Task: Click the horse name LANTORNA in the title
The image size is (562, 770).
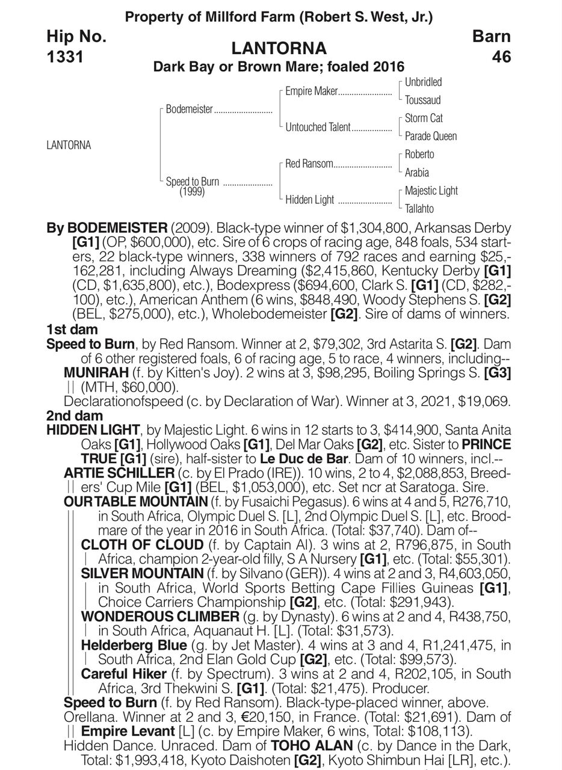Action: [279, 48]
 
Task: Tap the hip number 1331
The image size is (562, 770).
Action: [66, 57]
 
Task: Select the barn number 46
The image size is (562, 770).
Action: [501, 57]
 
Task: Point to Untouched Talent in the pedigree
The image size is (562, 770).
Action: [318, 128]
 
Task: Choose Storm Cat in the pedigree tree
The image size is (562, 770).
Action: [424, 119]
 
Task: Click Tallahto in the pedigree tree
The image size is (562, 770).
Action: [419, 209]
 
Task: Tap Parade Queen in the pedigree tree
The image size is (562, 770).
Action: [430, 137]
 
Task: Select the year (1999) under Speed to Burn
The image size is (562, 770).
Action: [191, 192]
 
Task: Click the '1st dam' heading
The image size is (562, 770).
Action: [72, 330]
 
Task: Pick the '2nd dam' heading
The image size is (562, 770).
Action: [74, 416]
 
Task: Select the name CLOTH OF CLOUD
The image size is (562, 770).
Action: [142, 545]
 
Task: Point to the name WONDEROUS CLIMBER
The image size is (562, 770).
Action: [160, 617]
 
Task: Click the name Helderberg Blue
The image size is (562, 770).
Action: [134, 645]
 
